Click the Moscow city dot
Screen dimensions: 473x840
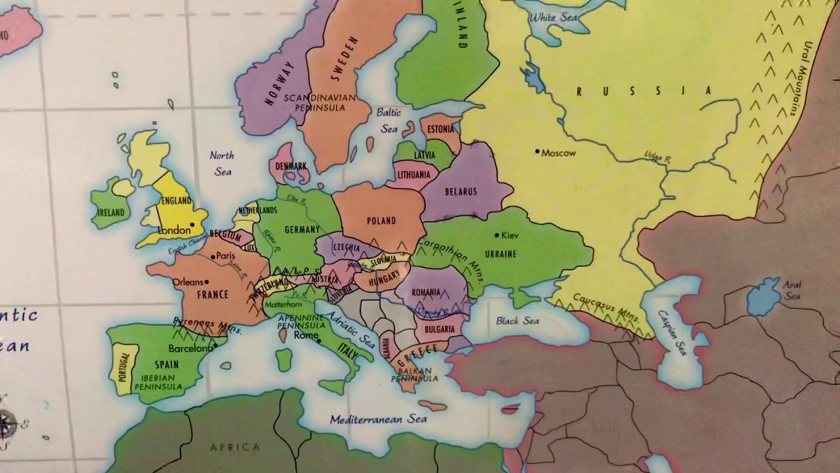click(x=537, y=152)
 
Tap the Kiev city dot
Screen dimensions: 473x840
click(x=497, y=235)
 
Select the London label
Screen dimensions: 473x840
click(x=174, y=231)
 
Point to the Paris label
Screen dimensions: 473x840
click(x=225, y=256)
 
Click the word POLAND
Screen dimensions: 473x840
click(x=381, y=221)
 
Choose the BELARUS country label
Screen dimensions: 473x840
click(x=461, y=191)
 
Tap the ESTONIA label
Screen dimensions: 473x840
click(x=440, y=129)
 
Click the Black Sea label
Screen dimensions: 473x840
click(x=517, y=321)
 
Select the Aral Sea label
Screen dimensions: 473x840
click(x=791, y=290)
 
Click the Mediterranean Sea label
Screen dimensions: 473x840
click(x=378, y=418)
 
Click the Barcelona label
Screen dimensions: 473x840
click(x=190, y=348)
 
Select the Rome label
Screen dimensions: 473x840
click(x=306, y=335)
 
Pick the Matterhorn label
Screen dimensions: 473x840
click(x=283, y=304)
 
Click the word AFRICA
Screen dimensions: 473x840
click(x=234, y=447)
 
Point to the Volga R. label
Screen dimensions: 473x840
click(x=658, y=158)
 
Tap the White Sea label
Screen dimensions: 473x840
click(x=553, y=18)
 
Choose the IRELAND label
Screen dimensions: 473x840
click(x=111, y=212)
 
